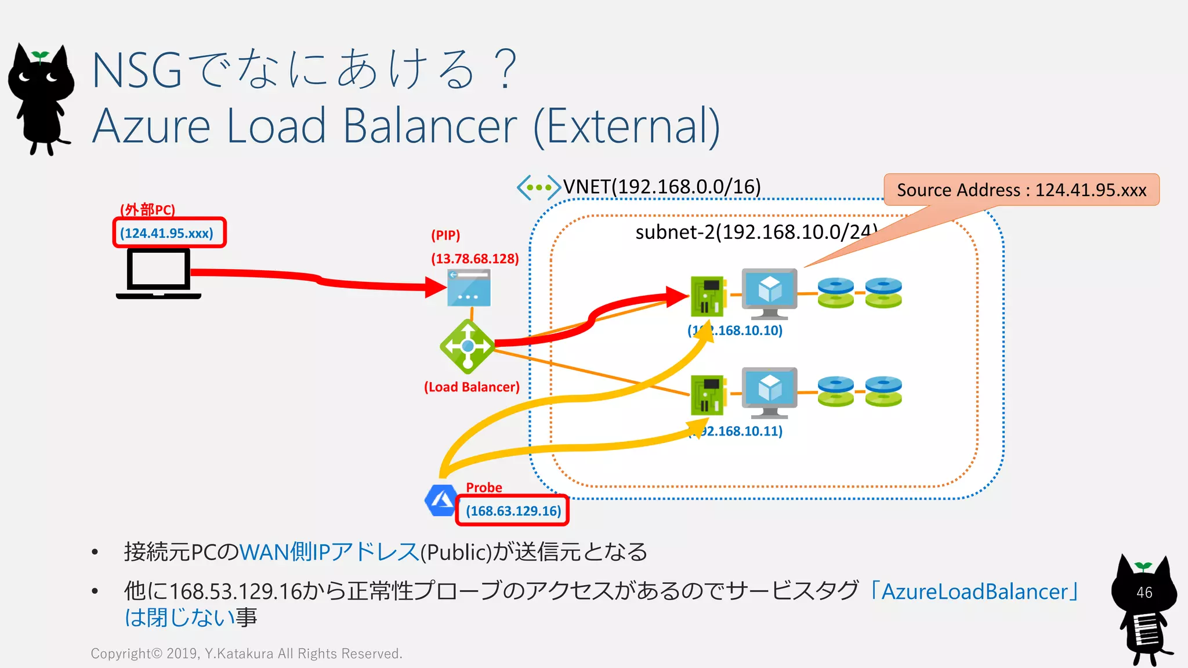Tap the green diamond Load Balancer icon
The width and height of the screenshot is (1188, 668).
[468, 346]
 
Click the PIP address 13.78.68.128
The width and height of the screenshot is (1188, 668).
[475, 259]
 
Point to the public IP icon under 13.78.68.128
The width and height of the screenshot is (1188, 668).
[469, 288]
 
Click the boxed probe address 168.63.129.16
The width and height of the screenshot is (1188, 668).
[513, 511]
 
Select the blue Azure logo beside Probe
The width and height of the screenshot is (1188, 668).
[441, 500]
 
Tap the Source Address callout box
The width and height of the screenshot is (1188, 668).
[1021, 190]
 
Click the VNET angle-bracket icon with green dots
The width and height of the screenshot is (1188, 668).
[538, 187]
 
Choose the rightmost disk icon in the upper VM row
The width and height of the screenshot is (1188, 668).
[883, 293]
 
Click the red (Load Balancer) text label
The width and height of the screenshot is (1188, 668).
[472, 387]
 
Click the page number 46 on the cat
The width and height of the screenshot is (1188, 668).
[1144, 593]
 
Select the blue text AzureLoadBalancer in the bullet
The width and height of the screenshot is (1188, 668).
[975, 591]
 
